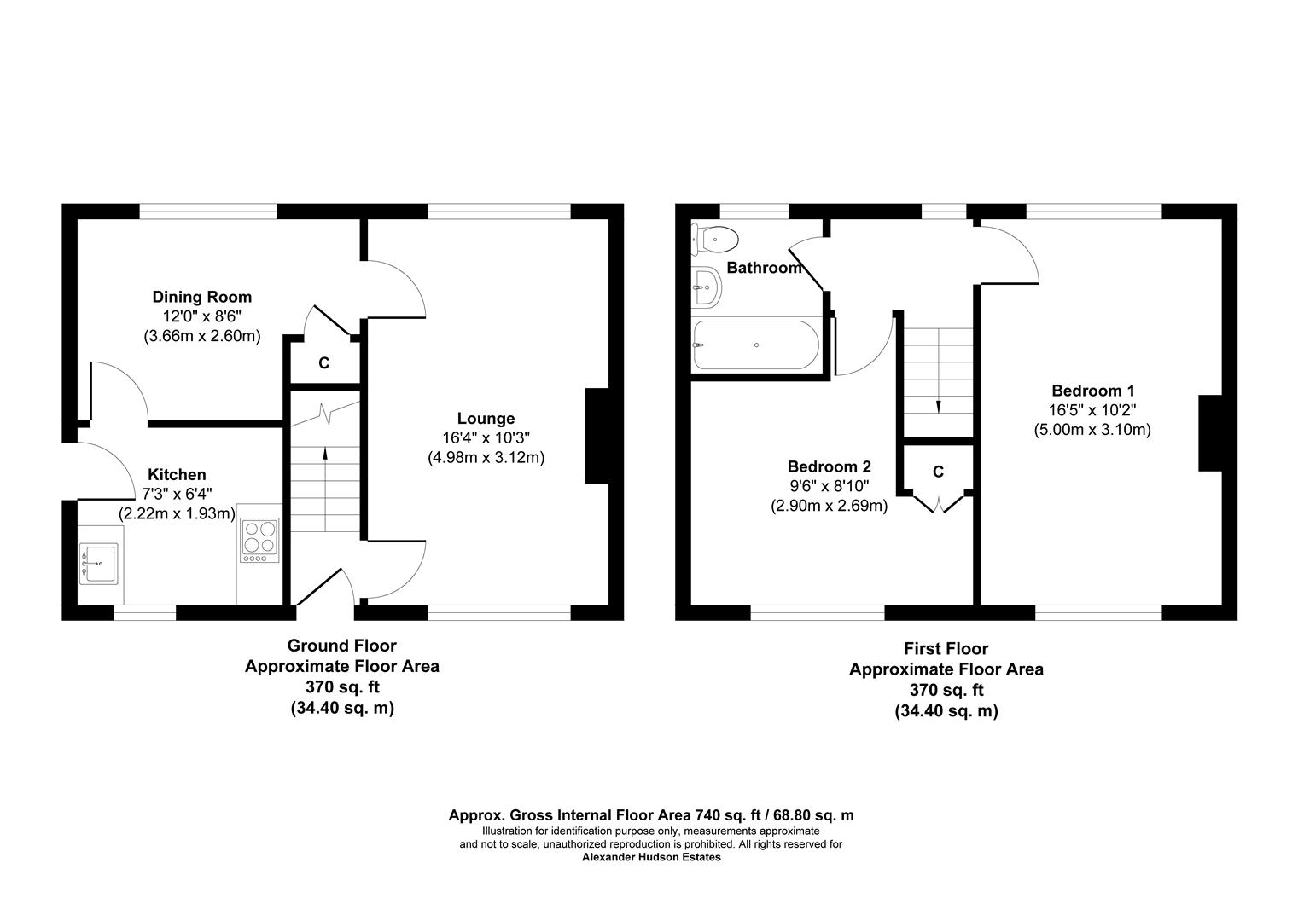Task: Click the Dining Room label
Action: [x=202, y=298]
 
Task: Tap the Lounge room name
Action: [x=486, y=419]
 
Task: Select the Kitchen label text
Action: [x=177, y=475]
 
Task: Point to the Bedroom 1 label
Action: [x=1093, y=391]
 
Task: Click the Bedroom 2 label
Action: [x=829, y=466]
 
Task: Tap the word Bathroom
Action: [x=765, y=269]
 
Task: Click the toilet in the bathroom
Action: [x=714, y=239]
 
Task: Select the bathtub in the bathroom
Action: [x=755, y=345]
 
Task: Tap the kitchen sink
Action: [x=99, y=564]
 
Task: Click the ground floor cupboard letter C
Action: [x=324, y=363]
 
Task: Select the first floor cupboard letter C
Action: [x=938, y=472]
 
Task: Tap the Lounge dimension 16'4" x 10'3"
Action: [x=486, y=438]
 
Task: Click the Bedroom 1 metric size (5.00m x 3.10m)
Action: [x=1092, y=430]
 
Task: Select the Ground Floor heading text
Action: [x=341, y=646]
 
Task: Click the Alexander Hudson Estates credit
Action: [x=651, y=857]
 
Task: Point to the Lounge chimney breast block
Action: [x=597, y=436]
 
